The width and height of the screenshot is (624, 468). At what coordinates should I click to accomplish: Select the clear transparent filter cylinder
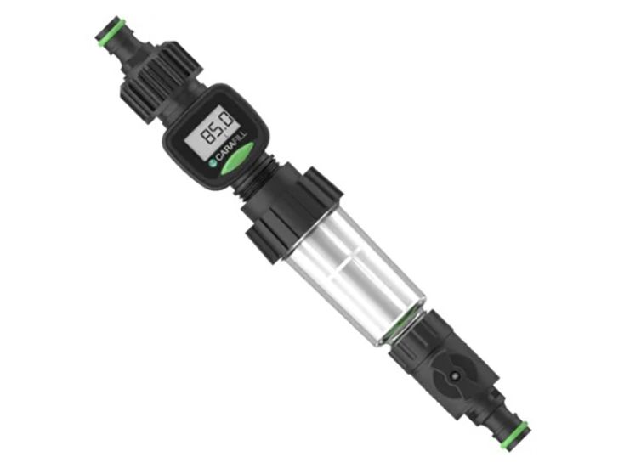tap(353, 272)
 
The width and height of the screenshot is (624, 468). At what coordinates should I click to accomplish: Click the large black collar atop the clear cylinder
tap(285, 208)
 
